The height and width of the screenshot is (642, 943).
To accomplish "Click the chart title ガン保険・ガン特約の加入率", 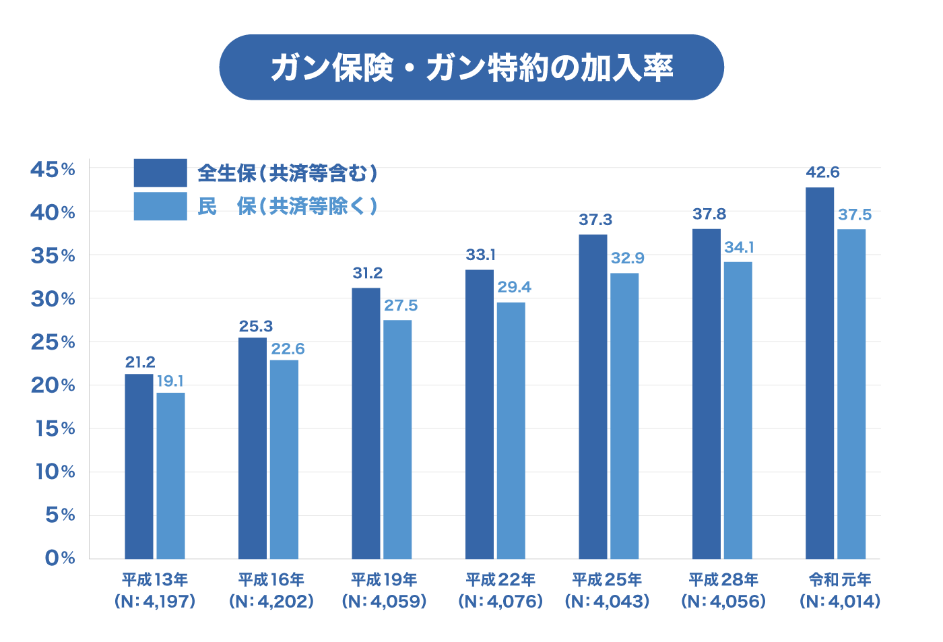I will (x=471, y=68).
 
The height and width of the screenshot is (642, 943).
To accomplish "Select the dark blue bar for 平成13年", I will (x=139, y=466).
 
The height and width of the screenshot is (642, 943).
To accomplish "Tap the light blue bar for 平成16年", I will (x=284, y=459).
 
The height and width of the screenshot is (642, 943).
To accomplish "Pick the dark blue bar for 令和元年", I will (x=820, y=373).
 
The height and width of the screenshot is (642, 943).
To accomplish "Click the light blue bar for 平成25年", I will (x=624, y=416).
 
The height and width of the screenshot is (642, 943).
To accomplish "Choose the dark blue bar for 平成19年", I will (x=366, y=423).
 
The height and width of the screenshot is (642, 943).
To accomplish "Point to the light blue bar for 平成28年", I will (x=738, y=410).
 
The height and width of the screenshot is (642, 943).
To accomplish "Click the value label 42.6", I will (x=822, y=172).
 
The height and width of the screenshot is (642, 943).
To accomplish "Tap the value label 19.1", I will (x=170, y=381).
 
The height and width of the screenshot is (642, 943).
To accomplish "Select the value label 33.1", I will (x=480, y=255).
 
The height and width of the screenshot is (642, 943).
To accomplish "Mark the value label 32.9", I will (x=628, y=258).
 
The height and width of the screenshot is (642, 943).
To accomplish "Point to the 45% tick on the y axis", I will (x=53, y=169).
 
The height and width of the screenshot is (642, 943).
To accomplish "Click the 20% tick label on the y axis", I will (x=53, y=385).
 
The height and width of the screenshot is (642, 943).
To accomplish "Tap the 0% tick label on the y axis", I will (x=60, y=558).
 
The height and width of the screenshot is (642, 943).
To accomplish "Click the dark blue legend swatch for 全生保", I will (x=160, y=173).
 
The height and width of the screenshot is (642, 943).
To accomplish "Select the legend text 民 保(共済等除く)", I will (x=288, y=206).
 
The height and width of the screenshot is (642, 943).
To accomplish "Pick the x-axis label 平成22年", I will (x=500, y=579).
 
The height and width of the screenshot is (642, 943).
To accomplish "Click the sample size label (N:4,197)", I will (x=155, y=601).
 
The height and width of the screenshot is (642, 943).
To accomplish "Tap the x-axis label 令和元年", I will (x=840, y=579).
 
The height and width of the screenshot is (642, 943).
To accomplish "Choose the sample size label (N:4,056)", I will (x=723, y=601).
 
